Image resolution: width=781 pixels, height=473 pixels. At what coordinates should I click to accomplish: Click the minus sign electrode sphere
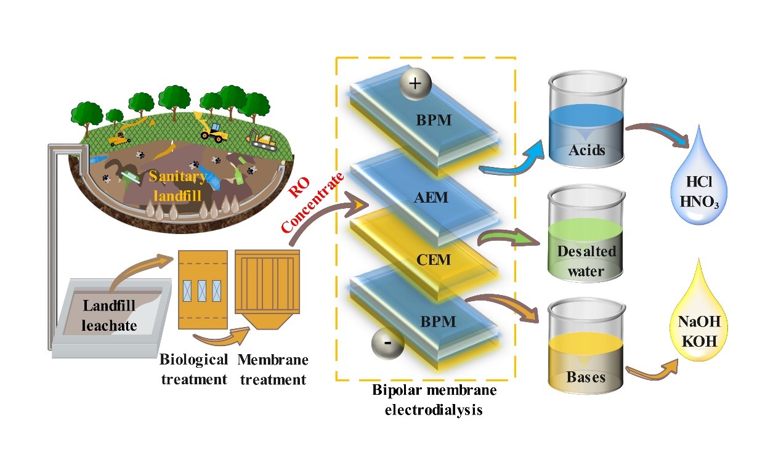386,342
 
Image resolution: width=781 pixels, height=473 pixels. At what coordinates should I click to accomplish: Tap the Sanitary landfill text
177,185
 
